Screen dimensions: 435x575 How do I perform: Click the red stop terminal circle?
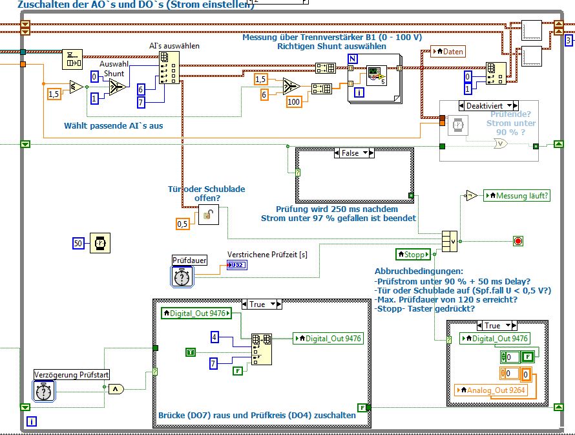click(517, 241)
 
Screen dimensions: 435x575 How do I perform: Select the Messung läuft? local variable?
click(517, 195)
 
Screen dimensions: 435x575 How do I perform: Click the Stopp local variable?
click(412, 254)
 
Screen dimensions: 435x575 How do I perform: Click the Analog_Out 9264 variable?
click(491, 390)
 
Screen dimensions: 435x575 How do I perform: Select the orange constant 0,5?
click(183, 224)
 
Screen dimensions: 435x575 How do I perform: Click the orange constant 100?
click(294, 102)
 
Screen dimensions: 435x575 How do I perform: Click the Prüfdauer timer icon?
click(183, 277)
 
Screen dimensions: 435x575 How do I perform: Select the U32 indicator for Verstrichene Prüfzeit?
click(236, 265)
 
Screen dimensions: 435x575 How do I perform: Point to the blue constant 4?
click(215, 336)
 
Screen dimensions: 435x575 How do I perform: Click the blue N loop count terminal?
click(353, 59)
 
